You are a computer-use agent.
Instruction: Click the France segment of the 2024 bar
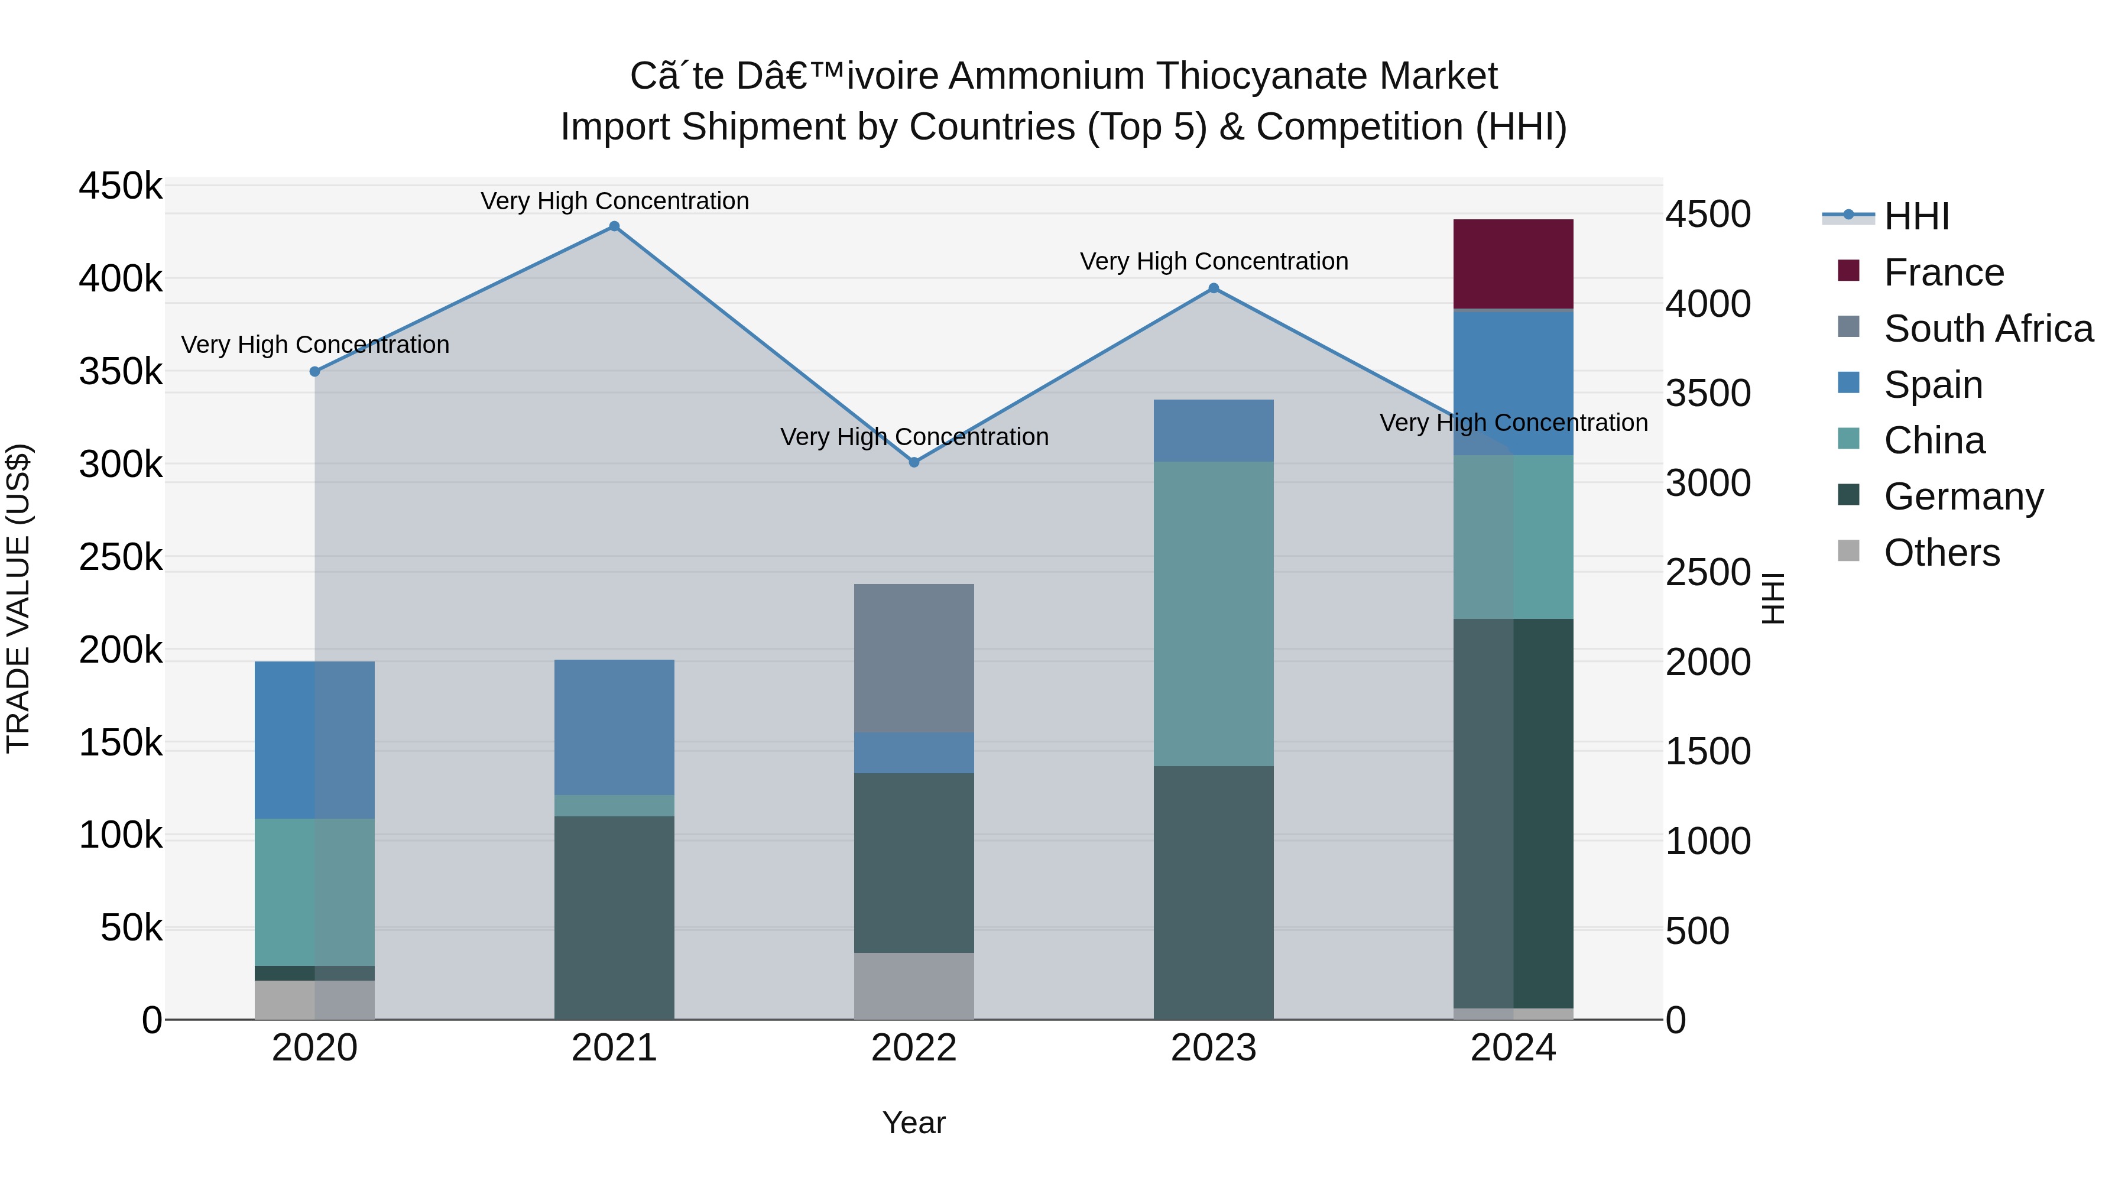(1513, 264)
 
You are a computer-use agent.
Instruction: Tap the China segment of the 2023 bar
(1213, 613)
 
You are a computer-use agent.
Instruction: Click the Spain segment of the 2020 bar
(314, 739)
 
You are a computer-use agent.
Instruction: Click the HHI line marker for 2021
(614, 226)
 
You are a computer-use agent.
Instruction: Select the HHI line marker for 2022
(914, 462)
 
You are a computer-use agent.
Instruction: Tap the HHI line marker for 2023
(1213, 288)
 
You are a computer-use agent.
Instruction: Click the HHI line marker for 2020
(314, 372)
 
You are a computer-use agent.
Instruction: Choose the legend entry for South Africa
(1987, 328)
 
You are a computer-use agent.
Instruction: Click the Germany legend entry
(1962, 497)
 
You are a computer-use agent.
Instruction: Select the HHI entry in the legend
(1916, 216)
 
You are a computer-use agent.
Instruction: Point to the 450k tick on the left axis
(121, 186)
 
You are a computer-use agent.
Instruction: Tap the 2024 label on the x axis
(1513, 1048)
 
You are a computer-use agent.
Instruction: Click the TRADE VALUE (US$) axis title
(18, 598)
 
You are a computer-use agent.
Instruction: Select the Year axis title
(914, 1123)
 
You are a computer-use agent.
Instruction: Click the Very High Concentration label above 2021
(615, 201)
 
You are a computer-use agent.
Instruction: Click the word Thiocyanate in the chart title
(1261, 76)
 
